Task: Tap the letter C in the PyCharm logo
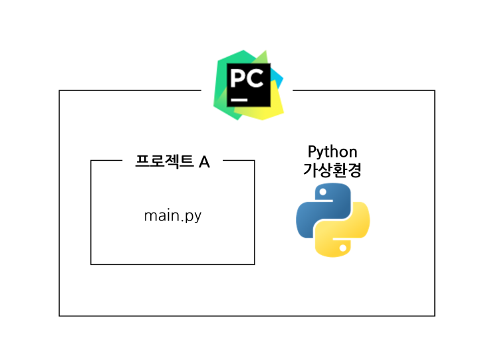pos(257,79)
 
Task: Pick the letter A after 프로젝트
pos(204,161)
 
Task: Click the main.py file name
pos(172,216)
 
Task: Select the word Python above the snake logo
pos(332,151)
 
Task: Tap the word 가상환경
pos(332,169)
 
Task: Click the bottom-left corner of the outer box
pos(60,315)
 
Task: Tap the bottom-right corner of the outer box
pos(435,315)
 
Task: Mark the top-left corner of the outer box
pos(60,90)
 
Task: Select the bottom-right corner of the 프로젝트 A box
pos(255,264)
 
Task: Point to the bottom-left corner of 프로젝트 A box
pos(91,264)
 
